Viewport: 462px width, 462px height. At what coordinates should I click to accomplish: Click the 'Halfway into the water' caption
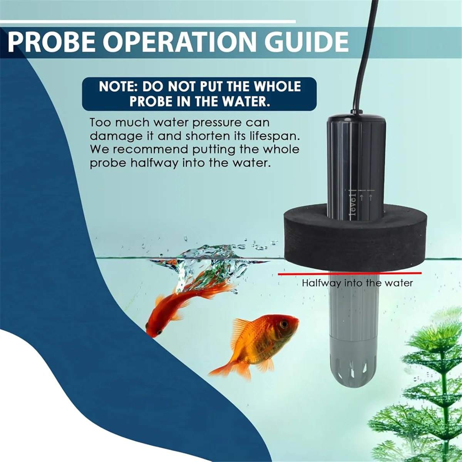click(357, 283)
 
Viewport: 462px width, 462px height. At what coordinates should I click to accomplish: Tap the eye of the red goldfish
click(159, 331)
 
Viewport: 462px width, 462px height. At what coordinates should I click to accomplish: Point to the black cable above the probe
click(366, 54)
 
